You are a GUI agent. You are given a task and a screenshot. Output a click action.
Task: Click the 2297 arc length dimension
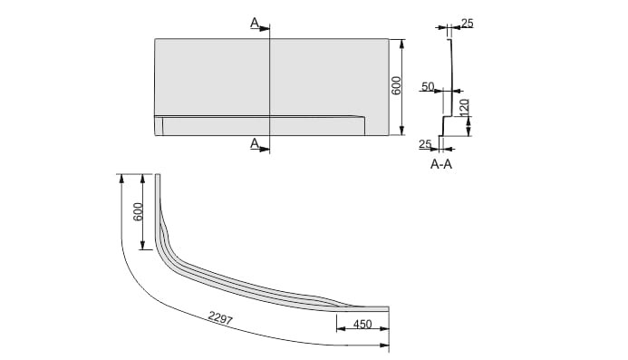click(220, 318)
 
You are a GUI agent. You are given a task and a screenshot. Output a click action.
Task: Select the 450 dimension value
click(362, 324)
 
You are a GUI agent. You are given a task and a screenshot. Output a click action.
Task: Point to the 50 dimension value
click(428, 86)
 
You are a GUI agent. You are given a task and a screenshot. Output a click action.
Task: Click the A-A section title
click(441, 164)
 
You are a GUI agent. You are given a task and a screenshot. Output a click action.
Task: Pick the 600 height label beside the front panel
click(396, 85)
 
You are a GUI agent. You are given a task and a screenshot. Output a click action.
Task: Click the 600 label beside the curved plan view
click(138, 211)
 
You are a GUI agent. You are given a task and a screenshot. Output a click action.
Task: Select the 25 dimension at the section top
click(468, 24)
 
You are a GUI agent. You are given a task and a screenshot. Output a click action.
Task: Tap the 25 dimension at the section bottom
click(425, 143)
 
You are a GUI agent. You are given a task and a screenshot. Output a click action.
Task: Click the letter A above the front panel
click(255, 23)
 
